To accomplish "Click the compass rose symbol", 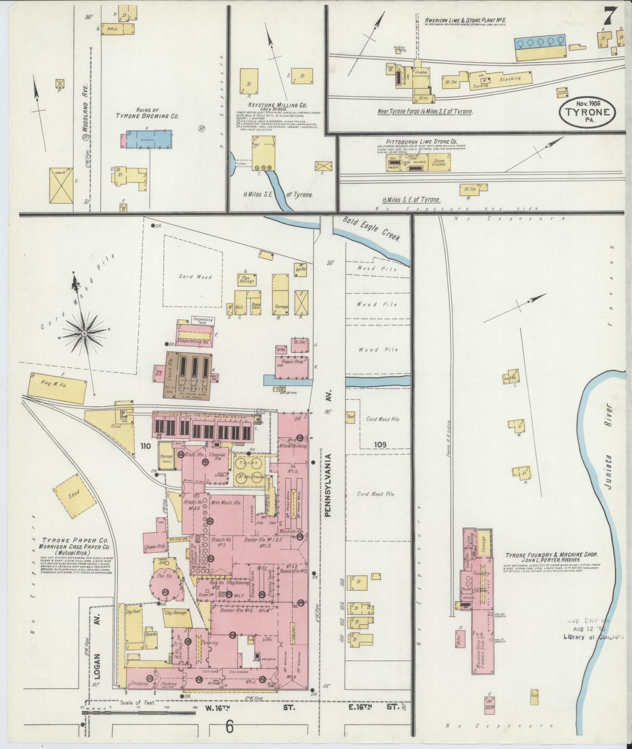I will click(x=84, y=333).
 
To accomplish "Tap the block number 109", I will click(x=380, y=444).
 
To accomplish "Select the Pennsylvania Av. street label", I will click(x=328, y=485).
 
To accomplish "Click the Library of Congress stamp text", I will click(x=593, y=637).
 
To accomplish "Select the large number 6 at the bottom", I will click(x=230, y=727).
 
